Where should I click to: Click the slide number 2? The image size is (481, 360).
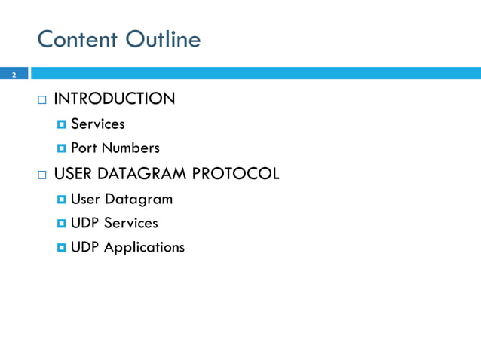point(13,75)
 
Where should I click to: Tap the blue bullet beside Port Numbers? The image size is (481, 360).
point(62,148)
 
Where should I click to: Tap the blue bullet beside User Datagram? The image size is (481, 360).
point(62,200)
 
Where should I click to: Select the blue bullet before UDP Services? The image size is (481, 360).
point(62,224)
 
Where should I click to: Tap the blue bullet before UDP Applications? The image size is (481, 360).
point(62,248)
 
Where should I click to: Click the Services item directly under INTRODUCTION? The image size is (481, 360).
point(97,124)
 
